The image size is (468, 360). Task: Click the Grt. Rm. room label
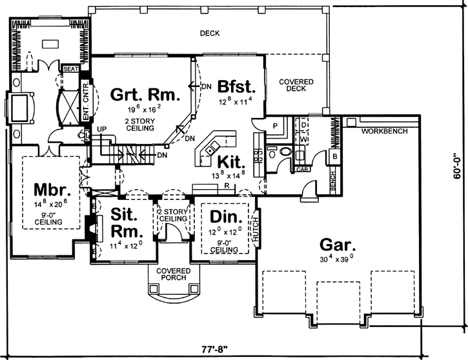point(145,95)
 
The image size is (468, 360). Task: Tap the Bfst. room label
point(237,87)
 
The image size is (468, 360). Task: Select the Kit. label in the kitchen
point(229,161)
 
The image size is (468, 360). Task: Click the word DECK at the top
point(209,34)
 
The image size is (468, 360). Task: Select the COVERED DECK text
point(296,86)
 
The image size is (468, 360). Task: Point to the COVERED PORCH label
point(173,274)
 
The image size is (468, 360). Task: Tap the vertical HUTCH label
point(256,230)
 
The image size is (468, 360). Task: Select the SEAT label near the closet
point(69,68)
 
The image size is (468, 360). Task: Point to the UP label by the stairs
point(101,130)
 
